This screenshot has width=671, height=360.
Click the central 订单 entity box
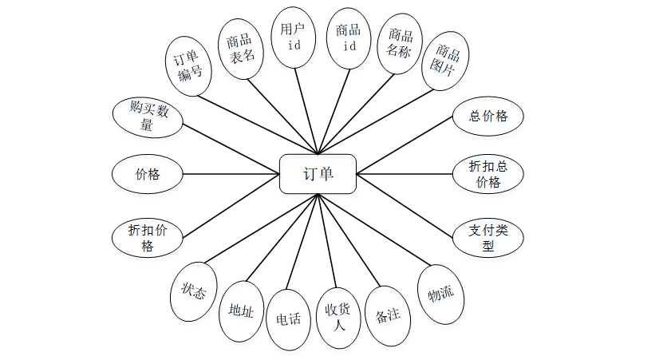pos(318,174)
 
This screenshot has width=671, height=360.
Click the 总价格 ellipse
pos(488,116)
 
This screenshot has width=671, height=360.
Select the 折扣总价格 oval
pos(488,174)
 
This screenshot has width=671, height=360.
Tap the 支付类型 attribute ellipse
pos(488,238)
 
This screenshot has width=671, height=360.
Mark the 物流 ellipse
pos(441,294)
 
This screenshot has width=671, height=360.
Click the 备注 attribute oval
pos(387,315)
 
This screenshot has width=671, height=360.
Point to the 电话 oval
pos(288,319)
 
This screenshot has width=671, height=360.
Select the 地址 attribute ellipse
pos(241,311)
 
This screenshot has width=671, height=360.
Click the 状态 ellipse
pos(194,292)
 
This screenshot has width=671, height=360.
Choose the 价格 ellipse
pos(148,174)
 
